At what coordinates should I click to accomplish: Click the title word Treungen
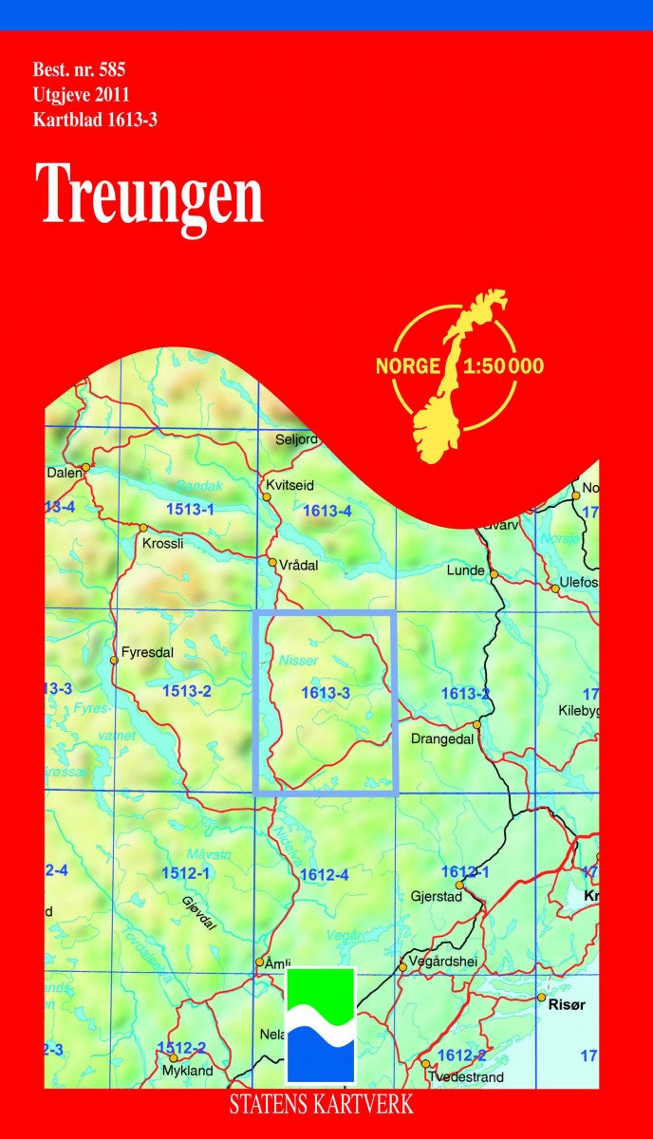151,194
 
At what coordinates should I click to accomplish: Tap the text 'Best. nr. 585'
80,68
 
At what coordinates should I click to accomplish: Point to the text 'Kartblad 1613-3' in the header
94,119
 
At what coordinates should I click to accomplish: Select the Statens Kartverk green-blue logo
321,1025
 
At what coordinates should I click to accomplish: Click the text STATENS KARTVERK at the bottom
322,1104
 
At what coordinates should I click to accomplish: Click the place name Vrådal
298,564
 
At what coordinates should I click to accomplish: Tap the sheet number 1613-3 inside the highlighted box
326,693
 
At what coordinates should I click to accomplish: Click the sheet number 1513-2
186,691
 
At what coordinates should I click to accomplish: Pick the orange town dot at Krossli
142,528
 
